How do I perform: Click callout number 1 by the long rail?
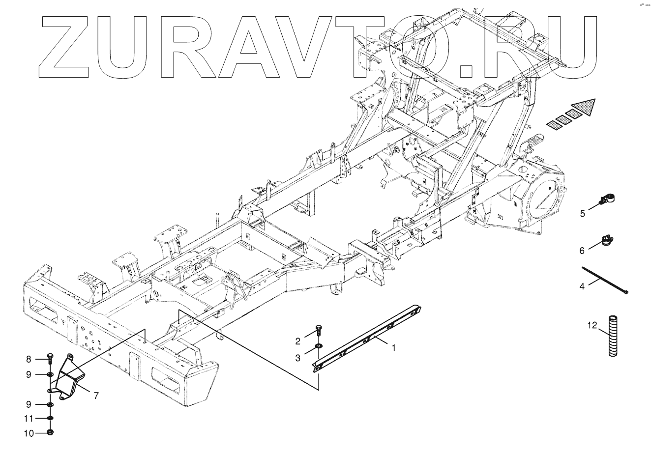(x=393, y=347)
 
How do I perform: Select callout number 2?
(x=298, y=341)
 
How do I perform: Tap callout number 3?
(x=298, y=358)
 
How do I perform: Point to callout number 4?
(x=582, y=286)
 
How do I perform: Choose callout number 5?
(x=582, y=213)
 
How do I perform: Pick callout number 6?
(x=582, y=251)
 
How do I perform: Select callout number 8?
(x=29, y=359)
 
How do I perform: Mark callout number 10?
(x=29, y=433)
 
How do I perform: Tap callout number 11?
(x=29, y=419)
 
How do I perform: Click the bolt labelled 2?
(x=318, y=331)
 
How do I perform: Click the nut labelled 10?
(x=51, y=432)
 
